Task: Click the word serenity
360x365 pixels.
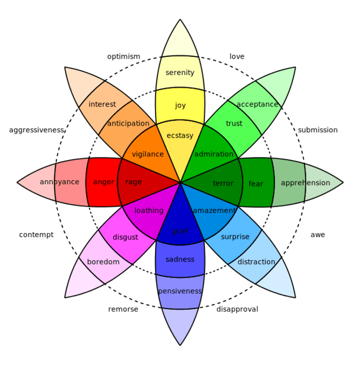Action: pos(180,73)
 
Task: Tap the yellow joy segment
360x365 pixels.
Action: pos(180,105)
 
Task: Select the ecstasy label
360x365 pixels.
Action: pos(180,136)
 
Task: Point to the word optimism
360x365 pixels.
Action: pos(124,56)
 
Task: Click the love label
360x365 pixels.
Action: pos(237,56)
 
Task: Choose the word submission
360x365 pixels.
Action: pos(318,130)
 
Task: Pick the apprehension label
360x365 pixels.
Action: pos(305,182)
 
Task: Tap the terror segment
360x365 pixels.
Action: pos(223,184)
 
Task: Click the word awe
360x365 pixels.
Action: pos(318,234)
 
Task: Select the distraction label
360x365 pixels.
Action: pos(256,262)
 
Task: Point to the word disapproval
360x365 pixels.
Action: pos(237,309)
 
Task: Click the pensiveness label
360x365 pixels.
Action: pos(180,291)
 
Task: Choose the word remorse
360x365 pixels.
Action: pos(123,309)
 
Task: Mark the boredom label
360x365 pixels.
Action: pos(104,262)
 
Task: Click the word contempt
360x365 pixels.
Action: pos(37,234)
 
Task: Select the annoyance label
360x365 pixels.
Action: pos(59,182)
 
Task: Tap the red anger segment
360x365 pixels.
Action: pos(104,182)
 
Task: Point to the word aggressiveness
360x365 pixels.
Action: pos(37,130)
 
